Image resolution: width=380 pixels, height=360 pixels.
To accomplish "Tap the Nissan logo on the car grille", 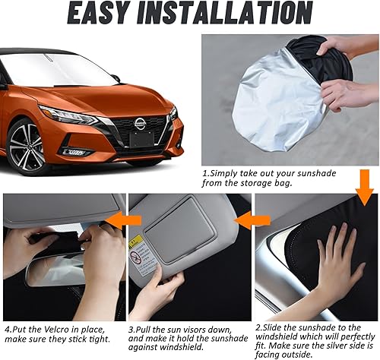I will point(141,122).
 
